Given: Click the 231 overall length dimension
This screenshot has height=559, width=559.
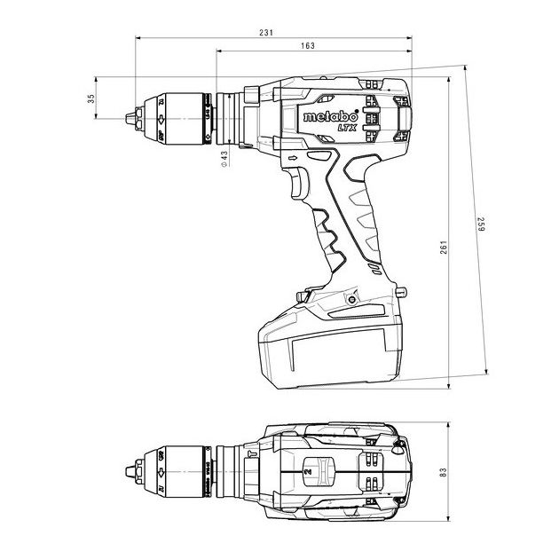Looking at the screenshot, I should (266, 33).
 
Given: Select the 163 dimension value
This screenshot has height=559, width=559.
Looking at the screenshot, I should (307, 45).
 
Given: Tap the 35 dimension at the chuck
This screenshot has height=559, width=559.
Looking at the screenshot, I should (91, 98).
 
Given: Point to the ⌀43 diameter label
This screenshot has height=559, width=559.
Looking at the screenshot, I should (224, 157).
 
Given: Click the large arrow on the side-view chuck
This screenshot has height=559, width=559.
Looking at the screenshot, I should (161, 117).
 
